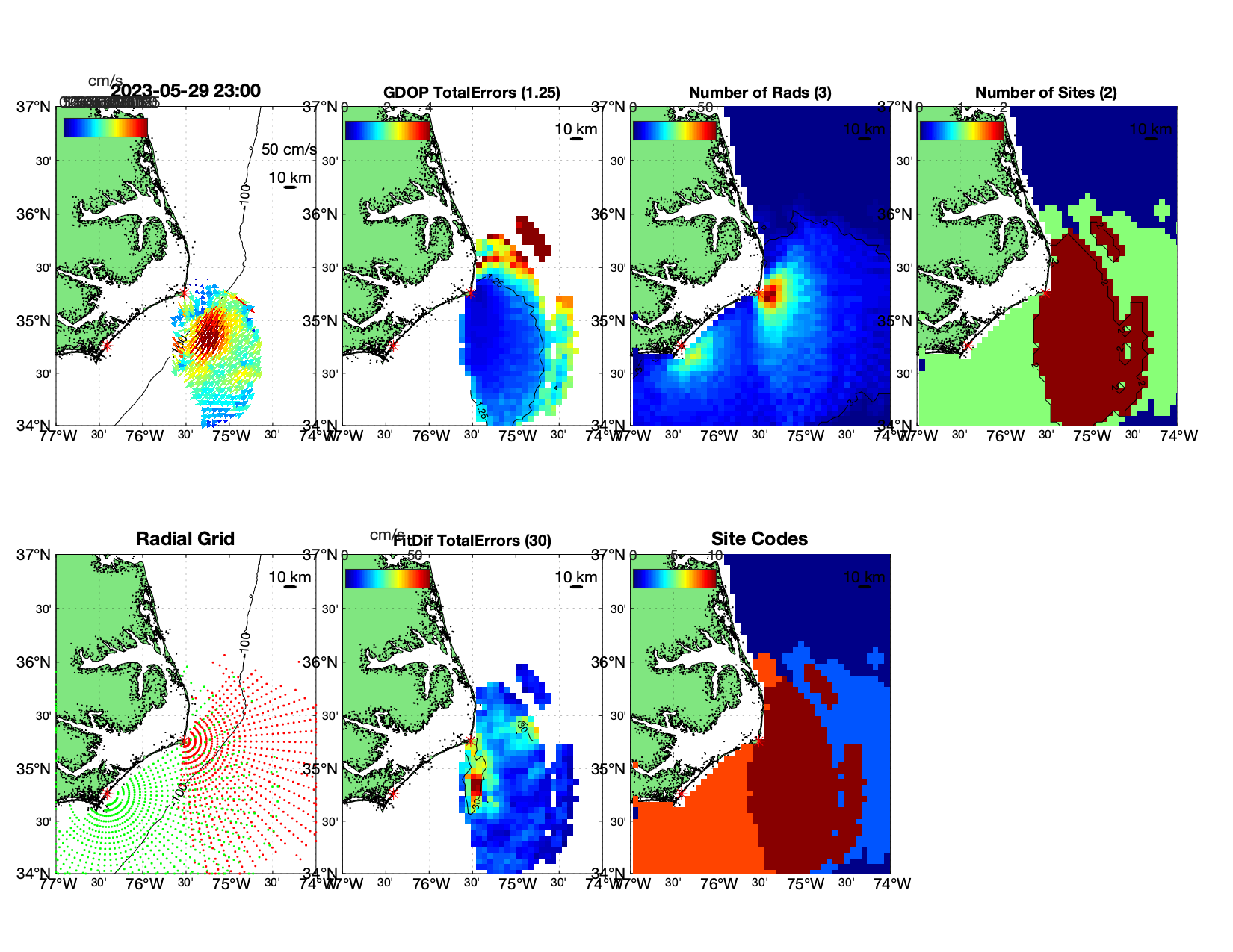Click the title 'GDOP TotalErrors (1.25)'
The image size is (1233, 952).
[x=472, y=93]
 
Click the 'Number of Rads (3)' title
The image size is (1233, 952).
[x=760, y=93]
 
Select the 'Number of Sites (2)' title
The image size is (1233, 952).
[x=1045, y=93]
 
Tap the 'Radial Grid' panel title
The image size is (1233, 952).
[x=185, y=539]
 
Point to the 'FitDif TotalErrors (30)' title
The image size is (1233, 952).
[x=472, y=541]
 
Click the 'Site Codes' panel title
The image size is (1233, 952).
[x=759, y=539]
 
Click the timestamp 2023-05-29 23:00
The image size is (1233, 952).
[x=186, y=91]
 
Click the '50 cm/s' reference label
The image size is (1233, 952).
[x=288, y=149]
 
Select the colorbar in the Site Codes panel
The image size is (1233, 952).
[x=675, y=578]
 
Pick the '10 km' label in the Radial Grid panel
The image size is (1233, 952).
[x=290, y=577]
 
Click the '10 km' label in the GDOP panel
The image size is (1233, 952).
[x=576, y=129]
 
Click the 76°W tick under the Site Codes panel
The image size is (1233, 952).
[x=719, y=884]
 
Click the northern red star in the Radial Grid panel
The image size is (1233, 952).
[x=185, y=741]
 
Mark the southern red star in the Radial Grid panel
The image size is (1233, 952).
[x=107, y=794]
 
